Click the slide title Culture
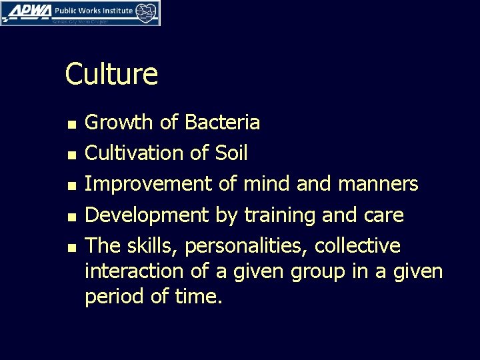click(x=111, y=74)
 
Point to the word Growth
click(x=118, y=123)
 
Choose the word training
click(x=276, y=215)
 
